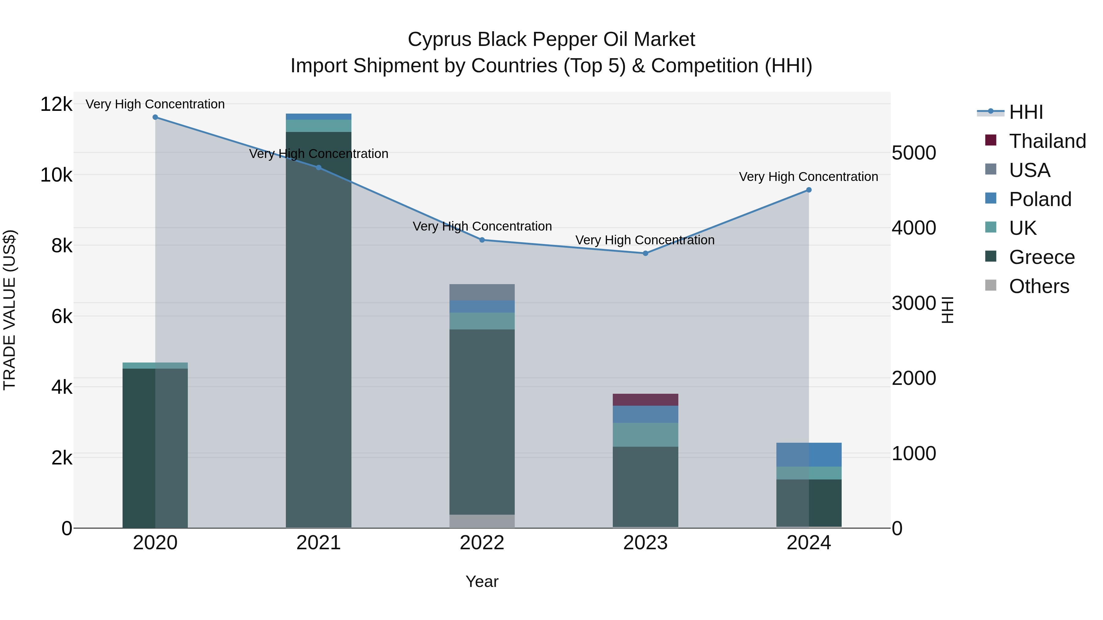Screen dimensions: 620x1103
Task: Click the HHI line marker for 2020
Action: tap(155, 117)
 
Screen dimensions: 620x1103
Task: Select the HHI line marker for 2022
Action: tap(482, 240)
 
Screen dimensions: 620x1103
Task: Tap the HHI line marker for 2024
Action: tap(809, 190)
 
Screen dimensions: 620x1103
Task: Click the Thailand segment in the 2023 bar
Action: tap(645, 400)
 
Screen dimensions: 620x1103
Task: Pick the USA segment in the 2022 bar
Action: tap(482, 292)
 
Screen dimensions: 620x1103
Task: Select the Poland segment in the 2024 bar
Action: tap(809, 454)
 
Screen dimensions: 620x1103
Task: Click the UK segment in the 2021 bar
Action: tap(319, 126)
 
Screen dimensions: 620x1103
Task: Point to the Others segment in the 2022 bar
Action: tap(482, 521)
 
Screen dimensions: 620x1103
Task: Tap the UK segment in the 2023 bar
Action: tap(645, 435)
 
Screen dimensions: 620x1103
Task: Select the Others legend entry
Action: tap(1039, 286)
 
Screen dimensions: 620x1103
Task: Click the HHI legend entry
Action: tap(1026, 112)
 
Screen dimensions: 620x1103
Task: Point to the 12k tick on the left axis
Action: tap(56, 104)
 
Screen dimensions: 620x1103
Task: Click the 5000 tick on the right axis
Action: tap(914, 153)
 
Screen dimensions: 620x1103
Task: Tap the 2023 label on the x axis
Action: tap(645, 543)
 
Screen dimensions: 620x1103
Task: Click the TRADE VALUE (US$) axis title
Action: tap(10, 310)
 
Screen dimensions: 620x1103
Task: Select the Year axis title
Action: tap(482, 581)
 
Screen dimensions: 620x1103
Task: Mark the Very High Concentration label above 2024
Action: tap(809, 177)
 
